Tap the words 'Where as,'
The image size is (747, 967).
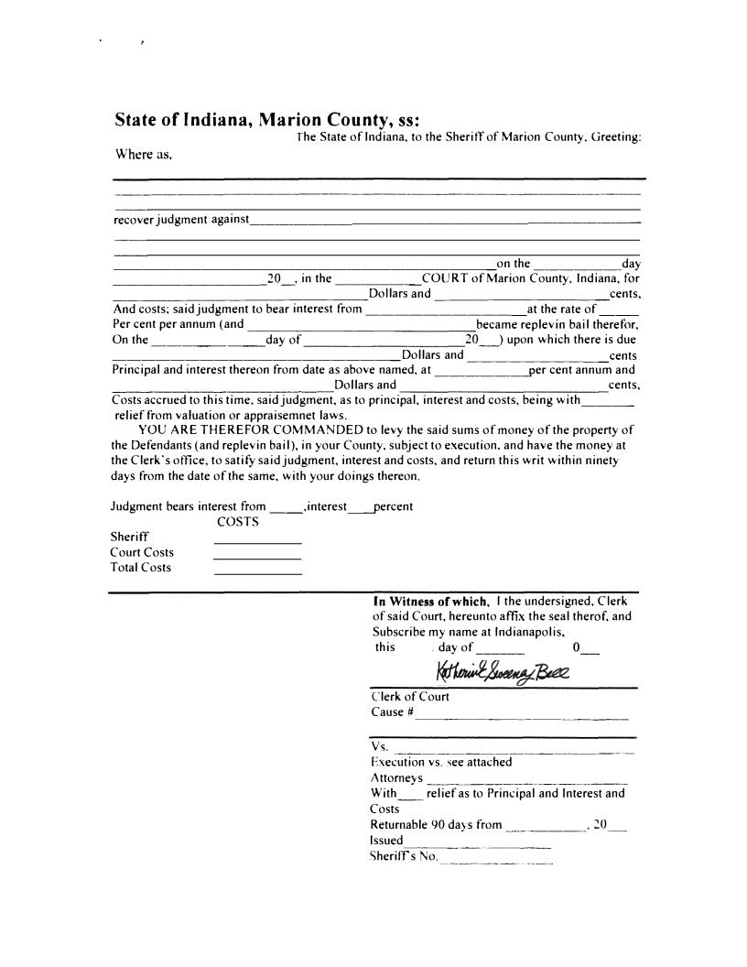pyautogui.click(x=142, y=154)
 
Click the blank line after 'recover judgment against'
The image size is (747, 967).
pyautogui.click(x=445, y=224)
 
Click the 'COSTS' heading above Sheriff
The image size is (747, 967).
pyautogui.click(x=237, y=522)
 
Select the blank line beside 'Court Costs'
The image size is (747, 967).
pyautogui.click(x=257, y=559)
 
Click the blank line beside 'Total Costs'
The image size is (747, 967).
pyautogui.click(x=257, y=573)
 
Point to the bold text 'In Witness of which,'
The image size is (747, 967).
pyautogui.click(x=430, y=602)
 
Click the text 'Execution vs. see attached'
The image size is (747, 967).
pyautogui.click(x=441, y=762)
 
